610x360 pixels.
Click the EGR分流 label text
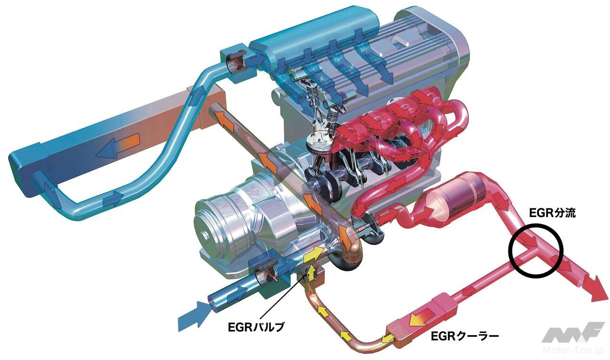coord(553,213)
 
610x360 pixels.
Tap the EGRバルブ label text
coord(256,327)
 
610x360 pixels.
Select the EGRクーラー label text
coord(465,337)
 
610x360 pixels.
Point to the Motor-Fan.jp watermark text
coord(572,350)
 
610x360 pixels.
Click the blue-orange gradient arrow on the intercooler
coord(118,146)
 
